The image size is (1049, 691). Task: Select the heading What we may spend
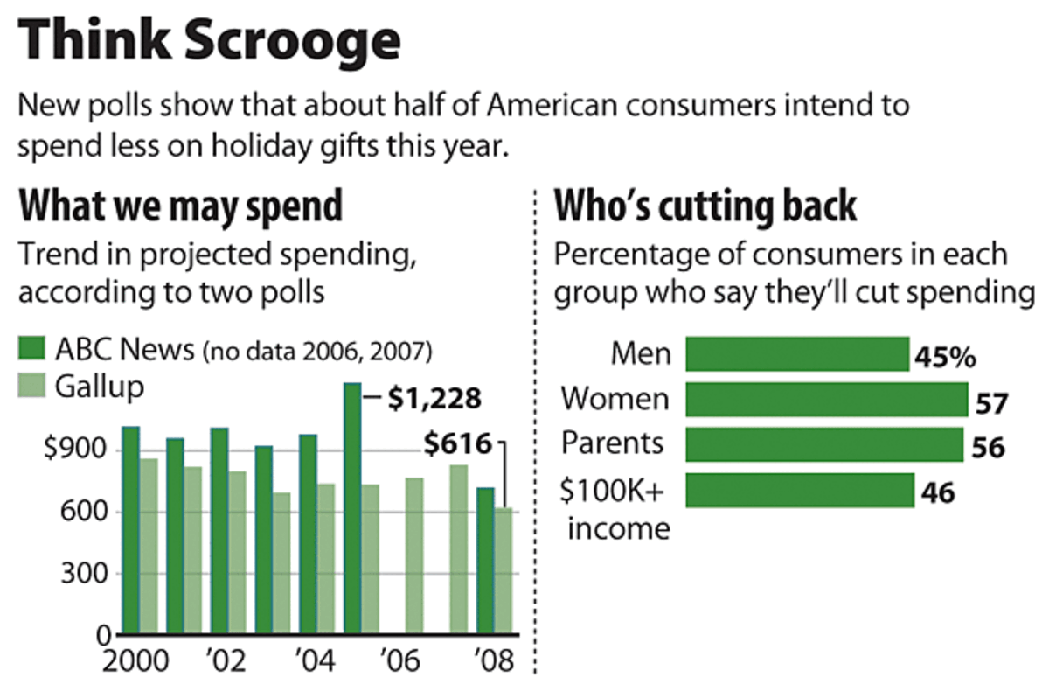[x=181, y=206]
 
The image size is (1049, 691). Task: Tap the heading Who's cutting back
[x=706, y=206]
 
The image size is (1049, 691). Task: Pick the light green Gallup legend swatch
[x=32, y=387]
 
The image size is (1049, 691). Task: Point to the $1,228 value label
[x=434, y=399]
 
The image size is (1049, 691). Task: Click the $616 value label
[x=458, y=444]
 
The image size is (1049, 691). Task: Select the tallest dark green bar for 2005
[x=352, y=507]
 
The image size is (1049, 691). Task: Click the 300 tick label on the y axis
[x=82, y=574]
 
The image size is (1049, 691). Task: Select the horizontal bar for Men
[x=797, y=354]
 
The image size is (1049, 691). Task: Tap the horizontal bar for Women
[x=827, y=399]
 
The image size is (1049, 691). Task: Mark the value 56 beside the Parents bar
[x=989, y=448]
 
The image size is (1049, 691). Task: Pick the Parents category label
[x=612, y=443]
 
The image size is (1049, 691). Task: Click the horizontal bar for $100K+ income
[x=800, y=490]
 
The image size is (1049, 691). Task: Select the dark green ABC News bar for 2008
[x=485, y=560]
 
